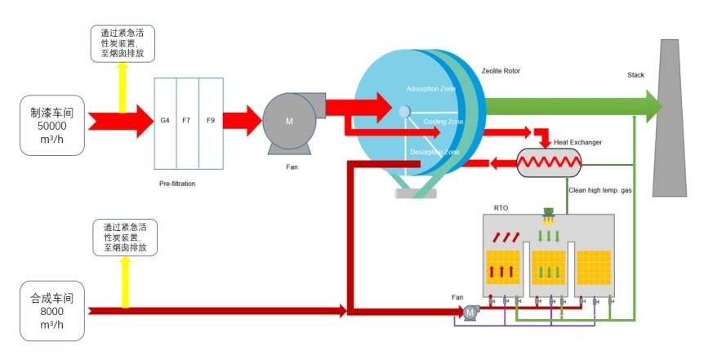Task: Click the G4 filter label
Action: (165, 121)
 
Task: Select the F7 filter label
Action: (186, 121)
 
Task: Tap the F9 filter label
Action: (211, 121)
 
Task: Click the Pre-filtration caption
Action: (177, 184)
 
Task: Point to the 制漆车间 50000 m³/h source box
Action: (51, 126)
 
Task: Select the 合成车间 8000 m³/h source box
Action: (51, 311)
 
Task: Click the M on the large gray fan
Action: (289, 122)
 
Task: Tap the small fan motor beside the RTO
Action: (470, 313)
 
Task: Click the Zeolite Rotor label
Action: (501, 71)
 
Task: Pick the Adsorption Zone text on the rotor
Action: (430, 89)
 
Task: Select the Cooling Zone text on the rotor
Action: (443, 122)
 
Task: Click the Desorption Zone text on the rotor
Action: (434, 152)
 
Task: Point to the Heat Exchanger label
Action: (577, 142)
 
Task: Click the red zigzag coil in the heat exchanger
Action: (550, 162)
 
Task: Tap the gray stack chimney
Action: (670, 118)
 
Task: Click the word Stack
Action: (635, 75)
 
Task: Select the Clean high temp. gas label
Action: (600, 190)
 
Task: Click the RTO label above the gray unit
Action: (501, 207)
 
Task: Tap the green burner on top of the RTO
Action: (548, 211)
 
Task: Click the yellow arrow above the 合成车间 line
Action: (125, 282)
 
